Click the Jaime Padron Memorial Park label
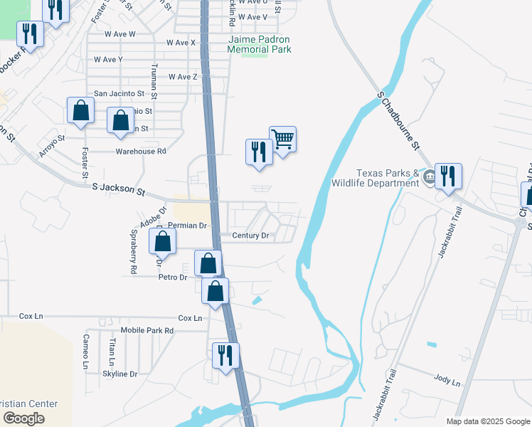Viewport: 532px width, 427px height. [260, 45]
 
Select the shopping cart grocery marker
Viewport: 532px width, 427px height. [282, 139]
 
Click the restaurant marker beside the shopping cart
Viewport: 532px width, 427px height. [259, 152]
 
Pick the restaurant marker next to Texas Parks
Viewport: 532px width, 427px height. [448, 176]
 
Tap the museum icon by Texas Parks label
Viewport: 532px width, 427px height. [429, 176]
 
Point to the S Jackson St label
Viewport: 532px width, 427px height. [119, 189]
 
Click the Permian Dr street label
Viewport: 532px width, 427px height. [188, 226]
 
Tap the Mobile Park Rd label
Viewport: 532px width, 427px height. [147, 331]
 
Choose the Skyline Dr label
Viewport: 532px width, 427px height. [119, 374]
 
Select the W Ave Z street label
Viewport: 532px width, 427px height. [183, 77]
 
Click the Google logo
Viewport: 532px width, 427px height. [23, 418]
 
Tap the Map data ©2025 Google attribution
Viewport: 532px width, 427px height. [487, 421]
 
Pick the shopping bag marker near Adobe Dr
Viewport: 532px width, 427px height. [163, 241]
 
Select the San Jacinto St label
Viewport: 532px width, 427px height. [119, 93]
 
